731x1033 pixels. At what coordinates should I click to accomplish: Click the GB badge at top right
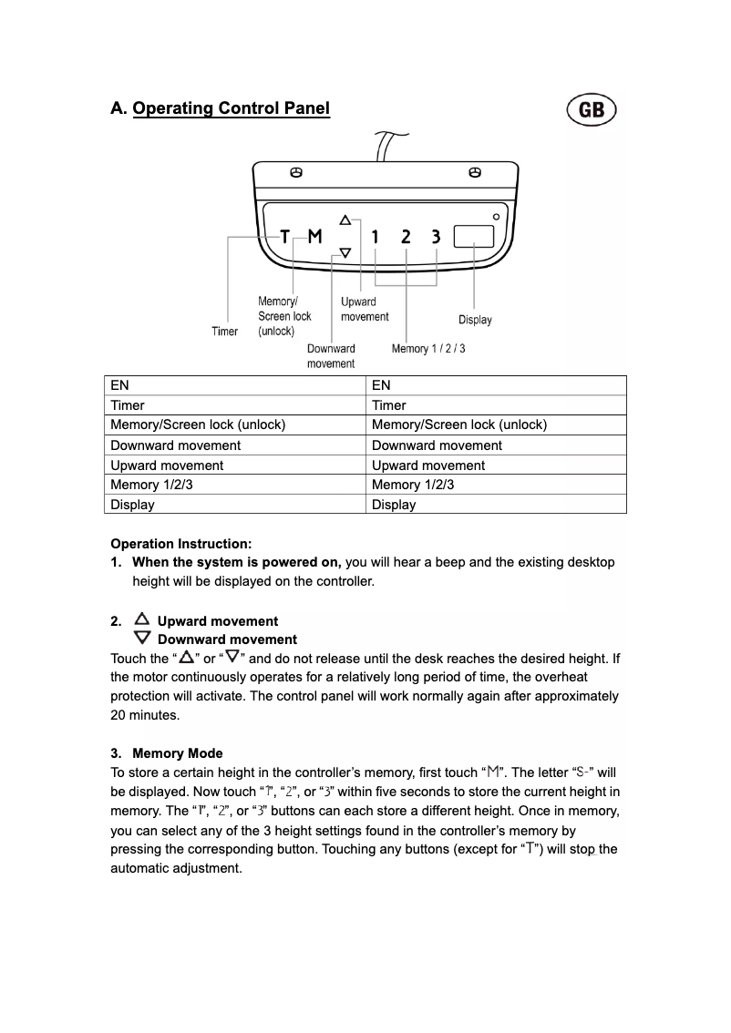pos(592,110)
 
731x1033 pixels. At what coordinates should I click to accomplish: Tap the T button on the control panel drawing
pos(284,237)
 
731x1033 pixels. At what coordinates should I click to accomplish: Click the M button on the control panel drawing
pos(314,237)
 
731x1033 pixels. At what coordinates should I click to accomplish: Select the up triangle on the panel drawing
pos(345,220)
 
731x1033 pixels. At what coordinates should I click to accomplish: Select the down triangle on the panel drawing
pos(345,253)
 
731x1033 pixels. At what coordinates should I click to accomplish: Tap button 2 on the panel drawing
pos(406,237)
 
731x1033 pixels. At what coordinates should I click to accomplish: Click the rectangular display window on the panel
pos(473,236)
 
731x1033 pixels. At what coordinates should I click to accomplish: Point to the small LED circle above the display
pos(496,217)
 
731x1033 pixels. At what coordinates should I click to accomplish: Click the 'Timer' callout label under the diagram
pos(225,332)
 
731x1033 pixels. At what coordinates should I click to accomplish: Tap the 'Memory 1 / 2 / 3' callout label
pos(428,349)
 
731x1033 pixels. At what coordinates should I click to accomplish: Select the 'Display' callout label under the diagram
pos(475,320)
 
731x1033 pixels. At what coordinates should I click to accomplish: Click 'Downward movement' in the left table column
pos(176,445)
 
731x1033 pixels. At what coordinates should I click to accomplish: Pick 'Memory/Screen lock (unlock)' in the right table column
pos(459,424)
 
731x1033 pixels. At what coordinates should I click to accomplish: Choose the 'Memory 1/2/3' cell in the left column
pos(151,485)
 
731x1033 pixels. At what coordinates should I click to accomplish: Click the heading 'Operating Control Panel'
pos(231,109)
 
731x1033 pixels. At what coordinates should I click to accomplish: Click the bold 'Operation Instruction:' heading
pos(181,544)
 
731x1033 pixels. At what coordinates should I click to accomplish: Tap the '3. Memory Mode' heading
pos(167,753)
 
